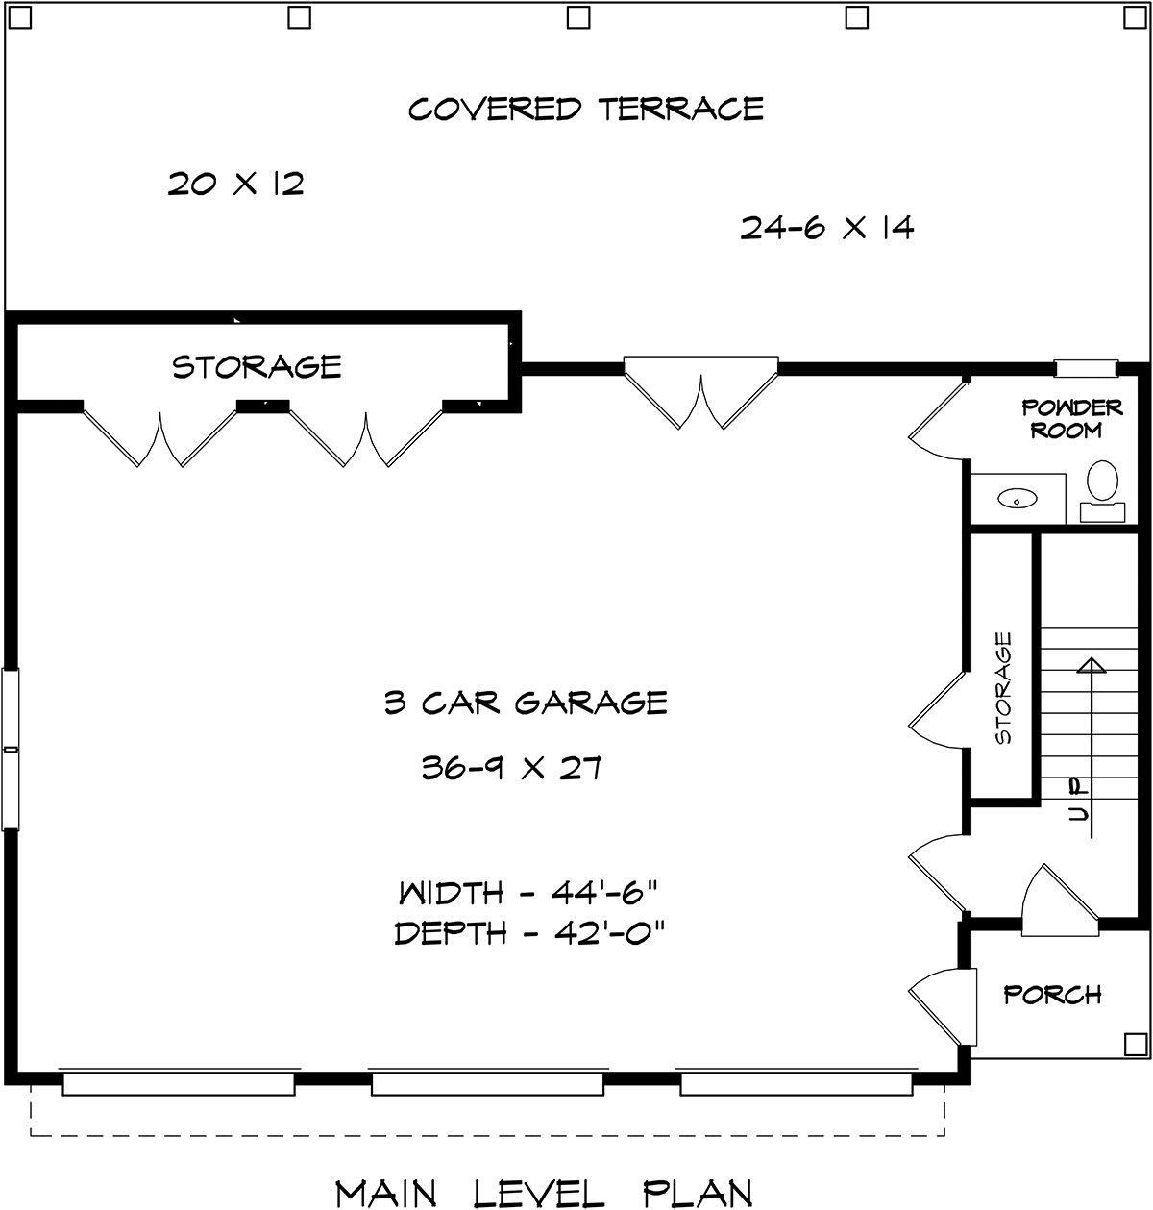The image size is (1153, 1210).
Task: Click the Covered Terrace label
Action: coord(586,109)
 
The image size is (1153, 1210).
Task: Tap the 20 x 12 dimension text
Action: coord(236,184)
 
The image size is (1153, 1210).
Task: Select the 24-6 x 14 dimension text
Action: coord(826,228)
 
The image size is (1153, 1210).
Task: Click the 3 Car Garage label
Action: coord(526,703)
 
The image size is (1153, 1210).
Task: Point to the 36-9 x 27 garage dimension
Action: coord(511,768)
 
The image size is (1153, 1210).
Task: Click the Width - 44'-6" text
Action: coord(527,893)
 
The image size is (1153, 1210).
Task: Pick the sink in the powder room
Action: coord(1017,499)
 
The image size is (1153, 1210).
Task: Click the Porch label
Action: coord(1052,994)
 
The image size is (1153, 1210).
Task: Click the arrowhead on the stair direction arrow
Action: coord(1091,665)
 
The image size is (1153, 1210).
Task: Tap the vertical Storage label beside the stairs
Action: coord(1004,687)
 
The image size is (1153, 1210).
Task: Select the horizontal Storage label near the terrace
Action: coord(257,366)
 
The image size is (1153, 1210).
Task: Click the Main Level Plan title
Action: coord(543,1192)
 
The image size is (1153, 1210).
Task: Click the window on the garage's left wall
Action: coord(10,748)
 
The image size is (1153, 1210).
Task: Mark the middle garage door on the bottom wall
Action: coord(487,1084)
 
